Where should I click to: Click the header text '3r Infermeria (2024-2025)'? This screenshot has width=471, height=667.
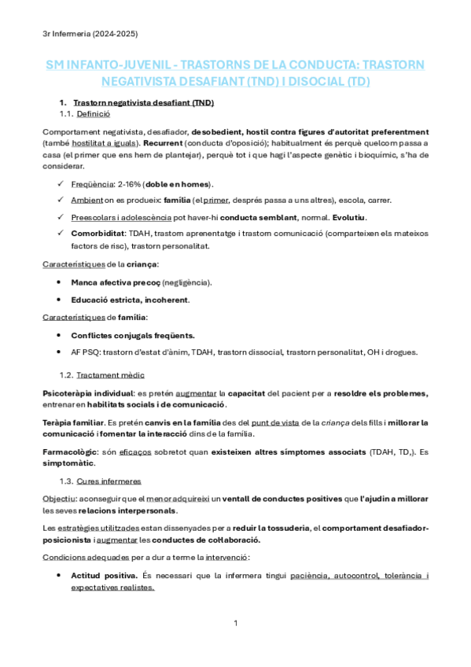90,33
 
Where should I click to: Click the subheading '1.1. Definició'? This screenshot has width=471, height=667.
86,114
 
